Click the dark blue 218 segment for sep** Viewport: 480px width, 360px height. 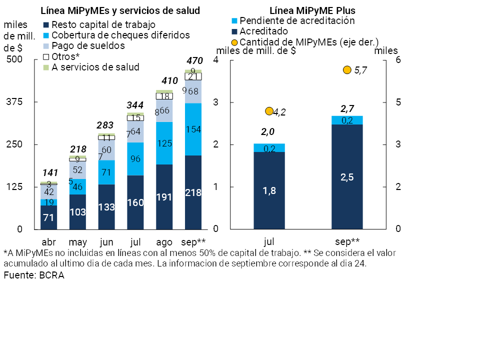click(x=193, y=192)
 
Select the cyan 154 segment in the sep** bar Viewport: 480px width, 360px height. click(x=193, y=129)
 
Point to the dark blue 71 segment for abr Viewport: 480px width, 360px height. click(x=48, y=217)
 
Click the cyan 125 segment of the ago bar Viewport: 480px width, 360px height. click(x=164, y=143)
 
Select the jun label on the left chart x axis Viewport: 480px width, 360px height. click(x=106, y=242)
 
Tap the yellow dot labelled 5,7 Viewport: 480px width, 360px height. click(x=347, y=70)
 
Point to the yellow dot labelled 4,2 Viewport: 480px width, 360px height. click(x=269, y=111)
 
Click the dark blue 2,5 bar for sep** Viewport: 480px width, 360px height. click(x=347, y=176)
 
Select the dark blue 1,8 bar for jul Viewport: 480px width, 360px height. click(x=269, y=190)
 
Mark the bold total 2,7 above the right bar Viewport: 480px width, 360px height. click(x=347, y=108)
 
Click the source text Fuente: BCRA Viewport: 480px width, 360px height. click(x=34, y=275)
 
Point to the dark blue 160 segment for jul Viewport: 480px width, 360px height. click(x=135, y=202)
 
